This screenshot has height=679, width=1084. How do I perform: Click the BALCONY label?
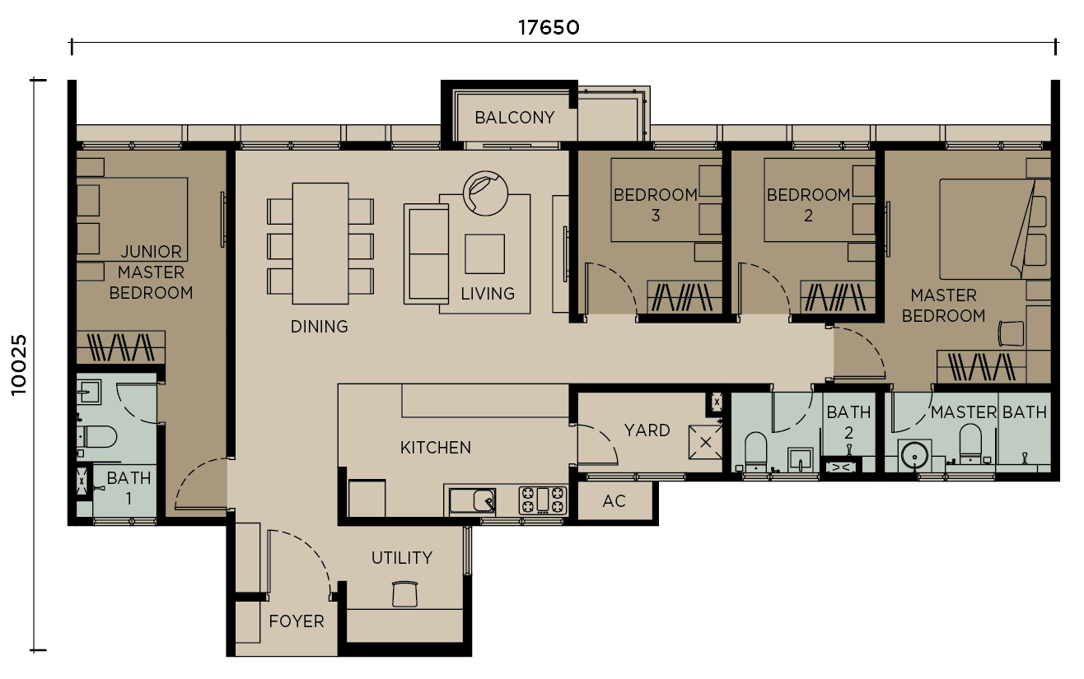[x=515, y=118]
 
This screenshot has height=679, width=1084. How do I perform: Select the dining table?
[x=320, y=243]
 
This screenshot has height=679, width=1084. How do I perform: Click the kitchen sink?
[x=472, y=500]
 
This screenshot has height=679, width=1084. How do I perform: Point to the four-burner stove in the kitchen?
[x=543, y=500]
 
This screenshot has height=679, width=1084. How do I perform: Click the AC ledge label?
[x=614, y=501]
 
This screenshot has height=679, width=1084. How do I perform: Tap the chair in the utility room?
[x=404, y=593]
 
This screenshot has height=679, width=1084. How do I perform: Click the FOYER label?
[x=297, y=621]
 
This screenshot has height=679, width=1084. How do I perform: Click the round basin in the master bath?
[x=913, y=455]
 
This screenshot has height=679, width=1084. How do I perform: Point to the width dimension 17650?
[x=549, y=27]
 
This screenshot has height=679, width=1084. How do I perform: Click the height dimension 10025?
[x=19, y=365]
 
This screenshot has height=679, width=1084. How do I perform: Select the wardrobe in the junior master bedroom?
[x=120, y=347]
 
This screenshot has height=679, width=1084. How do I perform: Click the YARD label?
[x=647, y=430]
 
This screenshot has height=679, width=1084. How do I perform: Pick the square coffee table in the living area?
[x=484, y=253]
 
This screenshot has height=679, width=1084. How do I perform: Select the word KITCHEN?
[x=436, y=448]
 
